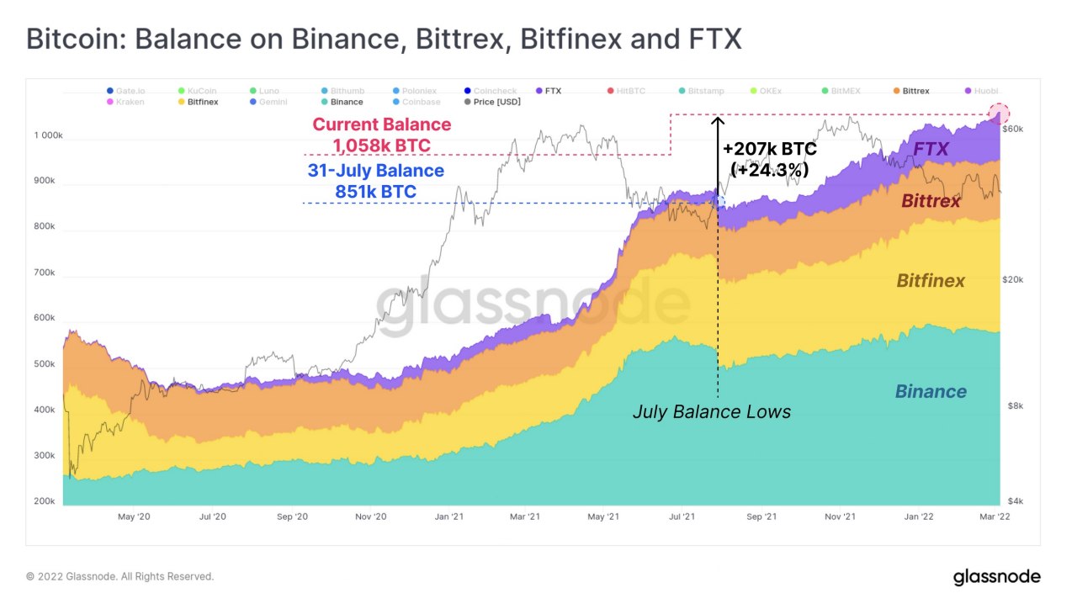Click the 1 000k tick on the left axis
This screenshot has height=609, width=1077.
point(48,135)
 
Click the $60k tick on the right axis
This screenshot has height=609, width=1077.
point(1011,129)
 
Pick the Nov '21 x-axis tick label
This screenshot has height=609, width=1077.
point(839,516)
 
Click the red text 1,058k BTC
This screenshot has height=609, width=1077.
point(381,146)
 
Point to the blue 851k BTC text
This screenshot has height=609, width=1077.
point(375,192)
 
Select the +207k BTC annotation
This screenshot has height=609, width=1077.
point(769,150)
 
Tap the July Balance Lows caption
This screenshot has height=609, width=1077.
point(711,412)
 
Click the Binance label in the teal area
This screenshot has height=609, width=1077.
point(931,391)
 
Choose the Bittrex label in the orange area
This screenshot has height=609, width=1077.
point(931,201)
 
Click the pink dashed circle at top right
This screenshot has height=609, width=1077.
point(999,114)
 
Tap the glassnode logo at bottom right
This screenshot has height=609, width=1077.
point(996,577)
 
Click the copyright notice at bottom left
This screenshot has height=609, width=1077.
point(120,577)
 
